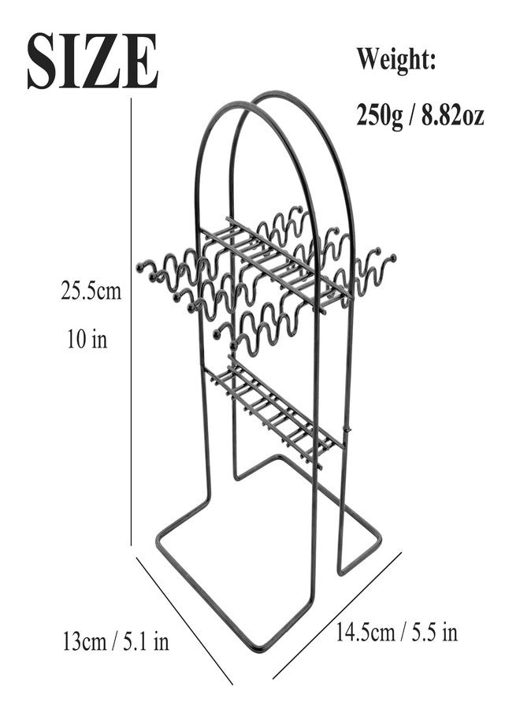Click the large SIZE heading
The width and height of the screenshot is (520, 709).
92,61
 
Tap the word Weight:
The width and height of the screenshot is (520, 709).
396,60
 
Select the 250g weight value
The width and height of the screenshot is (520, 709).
379,116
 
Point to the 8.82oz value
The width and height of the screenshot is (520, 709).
452,115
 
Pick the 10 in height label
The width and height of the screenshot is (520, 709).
87,338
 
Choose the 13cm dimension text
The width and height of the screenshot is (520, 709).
84,641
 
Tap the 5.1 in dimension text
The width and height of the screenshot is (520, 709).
146,641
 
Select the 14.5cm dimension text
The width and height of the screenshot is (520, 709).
365,632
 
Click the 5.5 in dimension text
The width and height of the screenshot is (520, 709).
434,632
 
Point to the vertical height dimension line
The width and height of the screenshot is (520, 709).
131,322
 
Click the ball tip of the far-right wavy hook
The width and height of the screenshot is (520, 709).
393,258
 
